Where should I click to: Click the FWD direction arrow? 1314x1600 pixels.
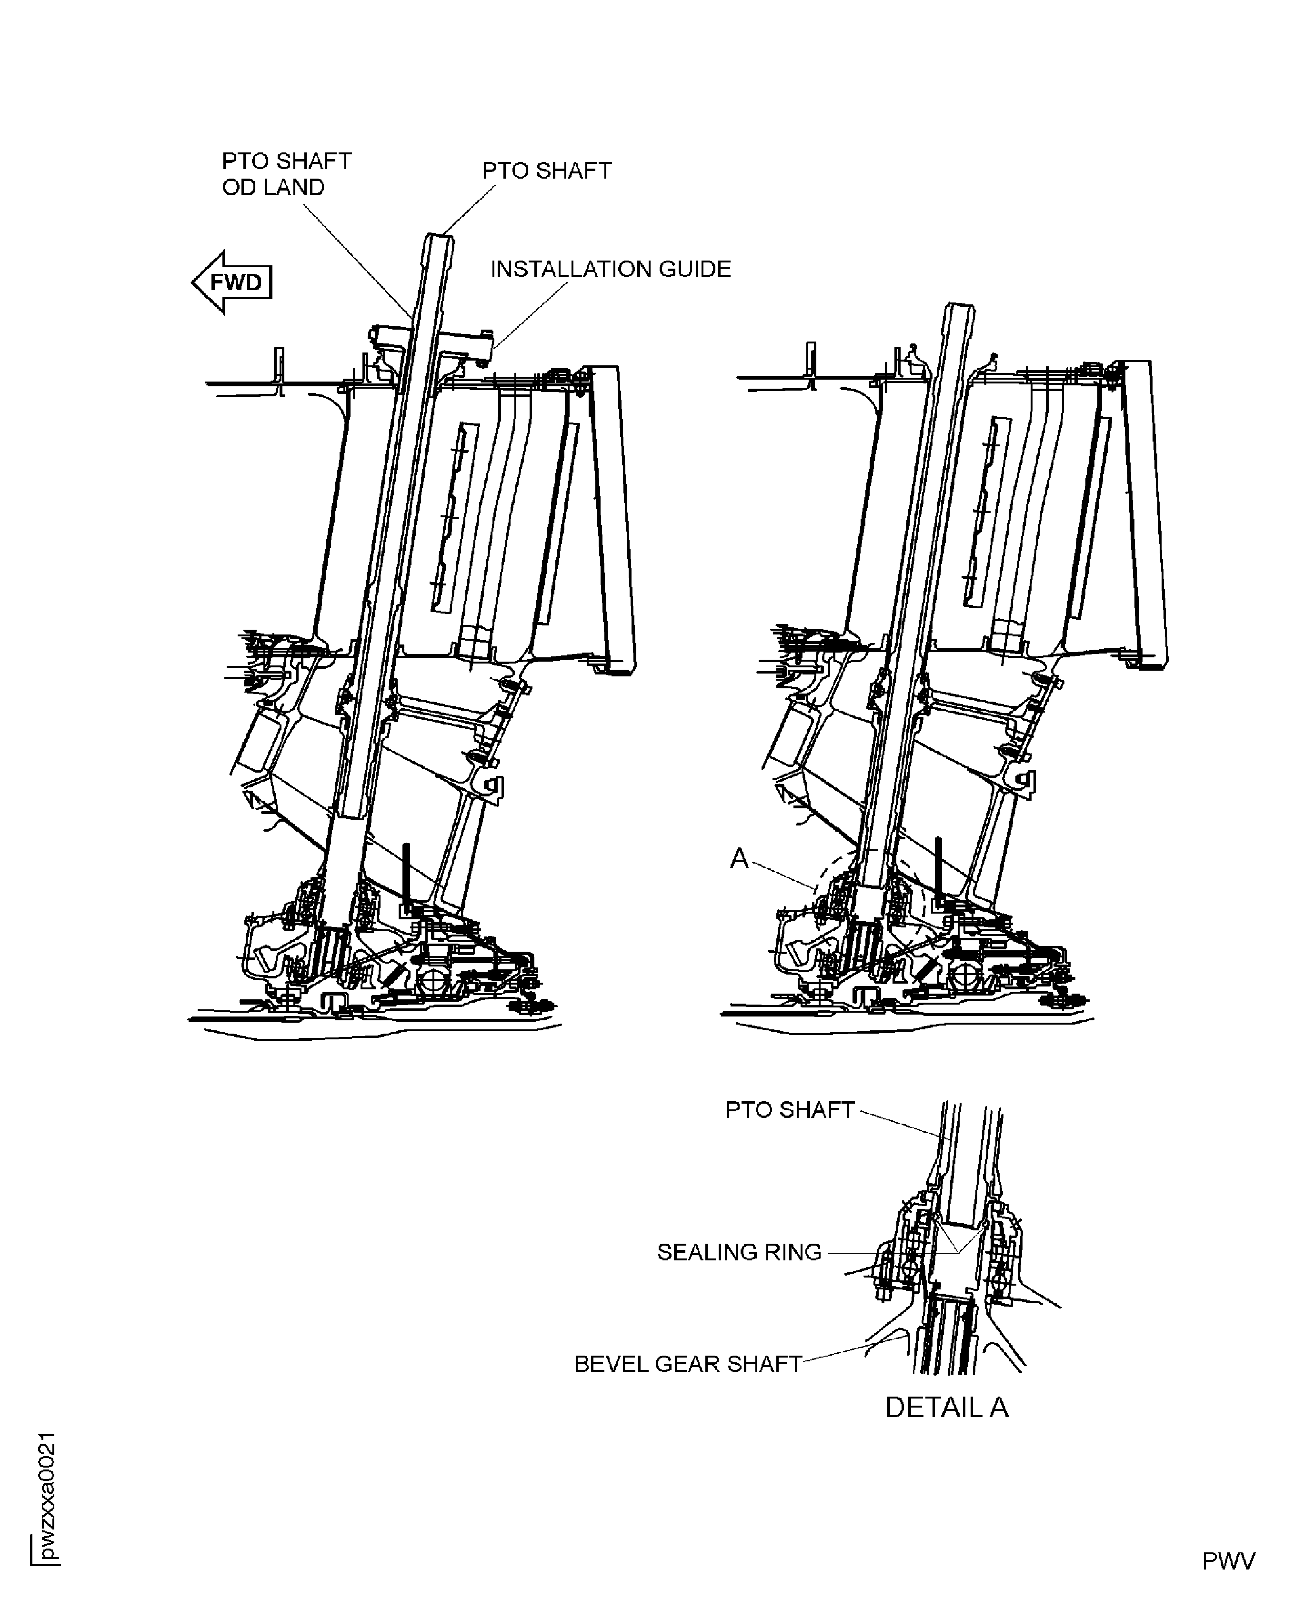pyautogui.click(x=231, y=282)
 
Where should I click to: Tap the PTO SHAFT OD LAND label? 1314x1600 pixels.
pyautogui.click(x=286, y=174)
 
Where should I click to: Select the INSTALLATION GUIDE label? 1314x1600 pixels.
pyautogui.click(x=610, y=270)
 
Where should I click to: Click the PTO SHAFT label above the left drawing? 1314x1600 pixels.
pyautogui.click(x=546, y=171)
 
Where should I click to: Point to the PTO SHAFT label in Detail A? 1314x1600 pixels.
pyautogui.click(x=790, y=1110)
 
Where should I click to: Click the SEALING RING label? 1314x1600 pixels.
pyautogui.click(x=739, y=1253)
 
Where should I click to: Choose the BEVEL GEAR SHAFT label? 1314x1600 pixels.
pyautogui.click(x=687, y=1364)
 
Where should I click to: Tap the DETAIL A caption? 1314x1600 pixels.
pyautogui.click(x=946, y=1408)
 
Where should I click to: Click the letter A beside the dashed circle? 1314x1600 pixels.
pyautogui.click(x=739, y=858)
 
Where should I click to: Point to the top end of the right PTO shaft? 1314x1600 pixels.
pyautogui.click(x=958, y=309)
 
